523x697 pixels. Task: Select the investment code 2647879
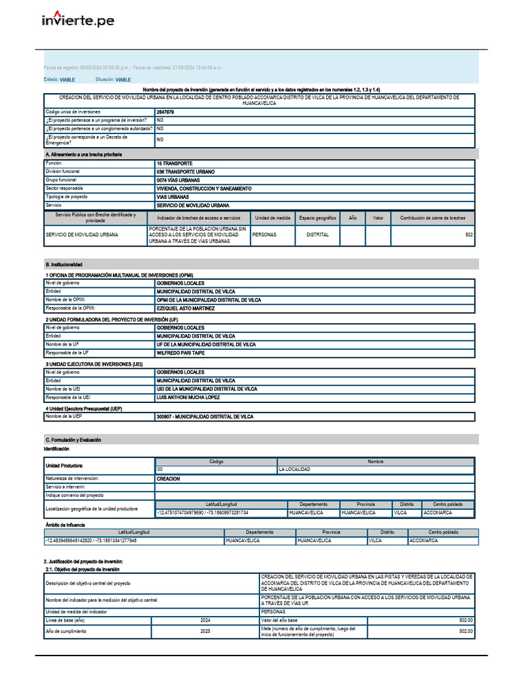tap(165, 112)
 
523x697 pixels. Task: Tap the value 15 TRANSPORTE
tap(174, 164)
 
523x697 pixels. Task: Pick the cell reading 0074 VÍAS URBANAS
tap(179, 180)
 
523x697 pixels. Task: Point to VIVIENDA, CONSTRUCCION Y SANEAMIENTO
tap(204, 189)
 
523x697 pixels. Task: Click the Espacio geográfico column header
tap(317, 218)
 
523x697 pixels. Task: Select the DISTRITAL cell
tap(317, 235)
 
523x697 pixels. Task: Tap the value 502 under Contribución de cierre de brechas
tap(469, 235)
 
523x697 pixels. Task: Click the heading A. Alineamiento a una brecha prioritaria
tap(83, 155)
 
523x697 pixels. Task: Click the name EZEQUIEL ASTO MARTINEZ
tap(185, 308)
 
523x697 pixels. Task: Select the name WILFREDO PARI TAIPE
tap(180, 353)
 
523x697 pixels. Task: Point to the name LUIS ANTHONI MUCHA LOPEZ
tap(188, 398)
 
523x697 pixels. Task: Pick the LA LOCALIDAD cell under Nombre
tap(294, 470)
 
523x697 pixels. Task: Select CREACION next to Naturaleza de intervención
tap(168, 479)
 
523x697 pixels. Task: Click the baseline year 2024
tap(205, 621)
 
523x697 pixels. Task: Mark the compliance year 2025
tap(205, 632)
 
